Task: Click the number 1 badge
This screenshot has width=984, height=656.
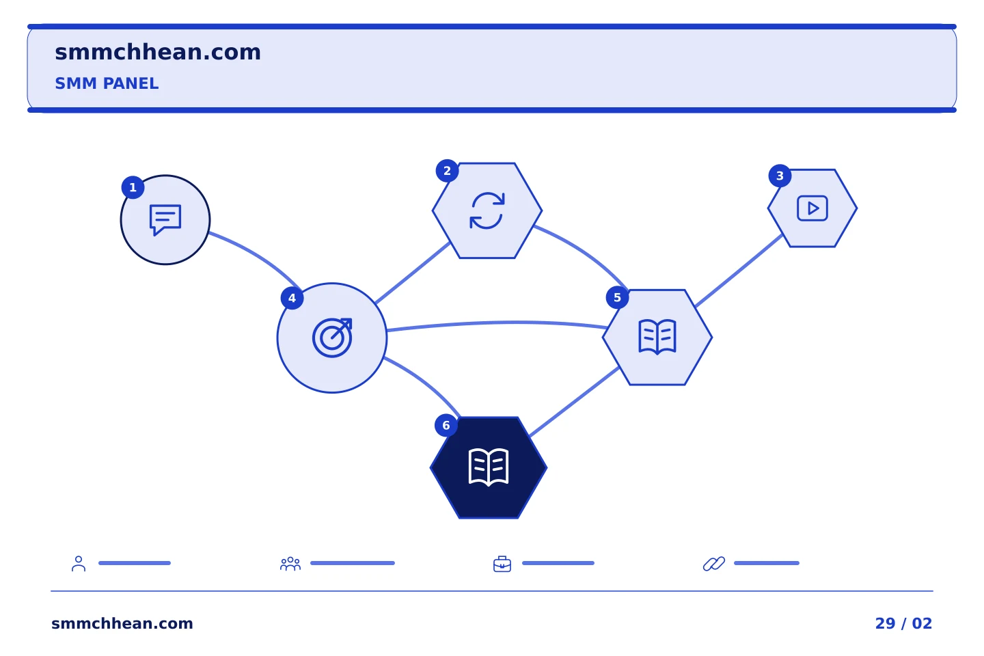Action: (x=133, y=188)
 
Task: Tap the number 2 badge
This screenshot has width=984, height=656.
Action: (x=447, y=171)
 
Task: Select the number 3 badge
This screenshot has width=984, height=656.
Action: (x=780, y=176)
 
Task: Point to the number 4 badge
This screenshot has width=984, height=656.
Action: (x=292, y=299)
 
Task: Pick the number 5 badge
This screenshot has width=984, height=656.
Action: (x=617, y=297)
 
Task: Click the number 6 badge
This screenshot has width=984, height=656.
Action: (x=446, y=425)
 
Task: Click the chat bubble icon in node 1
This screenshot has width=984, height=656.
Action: (x=165, y=220)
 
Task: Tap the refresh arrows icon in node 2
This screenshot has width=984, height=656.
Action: (x=487, y=210)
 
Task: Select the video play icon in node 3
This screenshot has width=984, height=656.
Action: (x=812, y=208)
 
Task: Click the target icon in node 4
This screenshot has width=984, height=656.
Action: (x=332, y=338)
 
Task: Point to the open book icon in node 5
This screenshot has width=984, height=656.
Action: (x=657, y=337)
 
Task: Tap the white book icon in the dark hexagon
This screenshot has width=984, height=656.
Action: (x=489, y=467)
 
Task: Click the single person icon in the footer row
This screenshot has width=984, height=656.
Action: (x=79, y=563)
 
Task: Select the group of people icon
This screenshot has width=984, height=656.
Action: (x=290, y=564)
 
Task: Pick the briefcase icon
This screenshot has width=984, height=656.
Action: (x=502, y=564)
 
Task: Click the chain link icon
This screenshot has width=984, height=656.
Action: (x=714, y=564)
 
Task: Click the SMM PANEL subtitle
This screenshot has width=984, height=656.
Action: (x=107, y=83)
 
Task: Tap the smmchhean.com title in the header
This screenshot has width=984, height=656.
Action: (x=158, y=53)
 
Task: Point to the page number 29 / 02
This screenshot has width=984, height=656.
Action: (x=903, y=623)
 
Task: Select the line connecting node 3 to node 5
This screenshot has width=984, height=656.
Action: (x=739, y=270)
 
